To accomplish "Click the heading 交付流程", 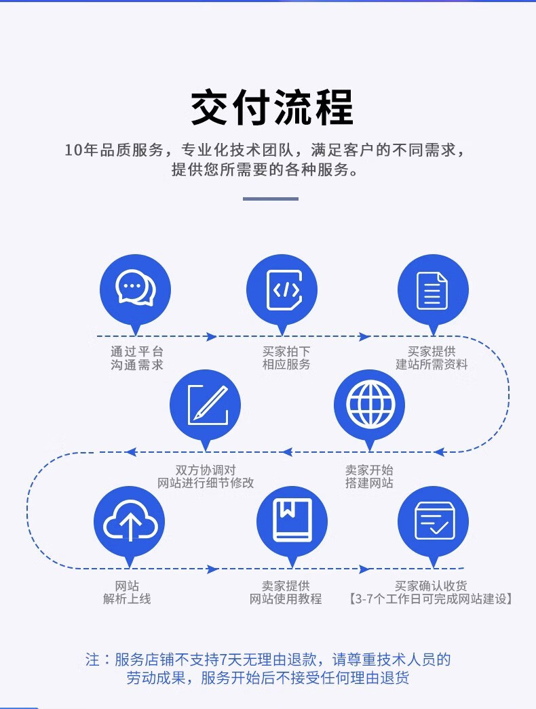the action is point(272,108).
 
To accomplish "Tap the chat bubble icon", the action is point(135,289).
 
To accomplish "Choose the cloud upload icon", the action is point(130,521).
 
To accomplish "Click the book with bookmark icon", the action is point(292,521).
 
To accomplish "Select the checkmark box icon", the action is point(434,521).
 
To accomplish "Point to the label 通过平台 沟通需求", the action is point(137,359).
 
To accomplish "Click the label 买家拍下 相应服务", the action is point(286,358).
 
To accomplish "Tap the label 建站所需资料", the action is point(432,365).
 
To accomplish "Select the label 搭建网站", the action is point(369,483).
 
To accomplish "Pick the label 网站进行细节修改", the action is point(206,483).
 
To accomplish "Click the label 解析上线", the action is point(127,599).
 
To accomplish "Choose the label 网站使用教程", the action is point(286,599).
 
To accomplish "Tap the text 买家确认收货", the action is point(431,586).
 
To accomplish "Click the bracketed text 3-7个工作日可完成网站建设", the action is point(431,599).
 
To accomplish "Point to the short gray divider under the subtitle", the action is point(271,199).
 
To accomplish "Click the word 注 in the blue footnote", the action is point(92,660).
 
